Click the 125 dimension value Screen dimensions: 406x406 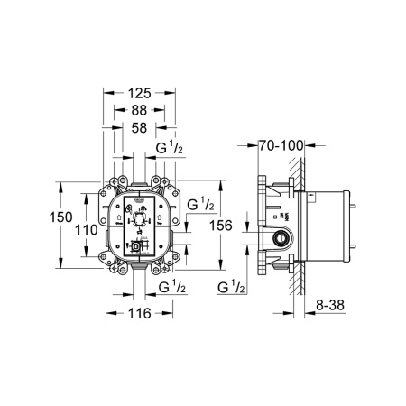[x=138, y=93]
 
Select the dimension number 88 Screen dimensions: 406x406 [x=138, y=111]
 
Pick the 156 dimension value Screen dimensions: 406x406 [x=220, y=225]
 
